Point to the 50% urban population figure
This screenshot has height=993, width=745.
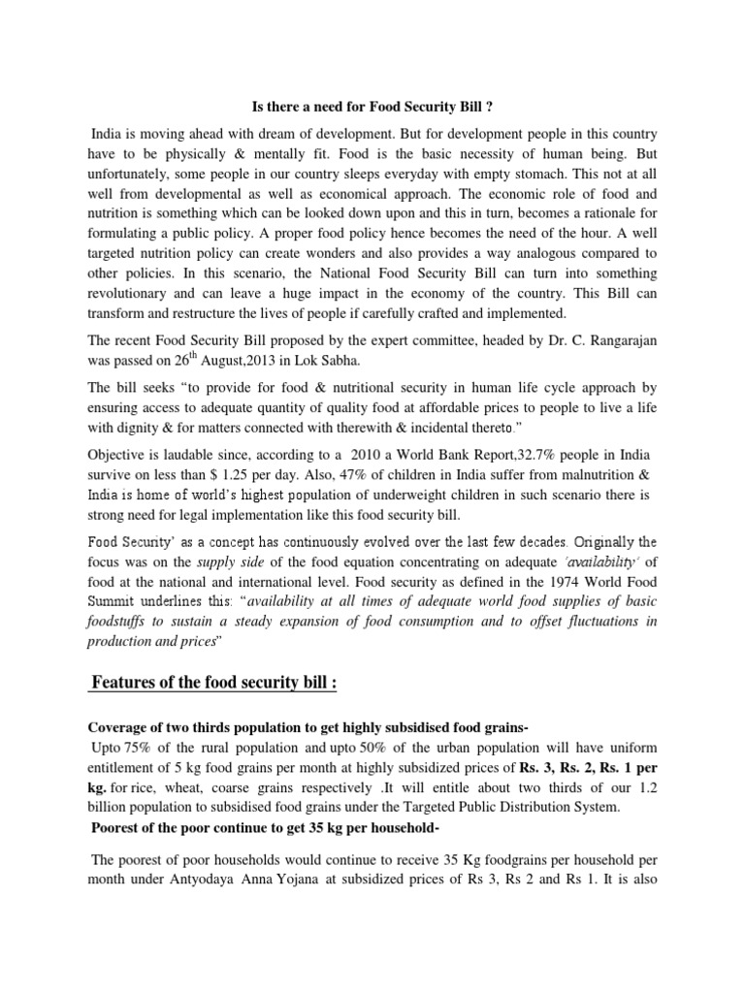pyautogui.click(x=413, y=748)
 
